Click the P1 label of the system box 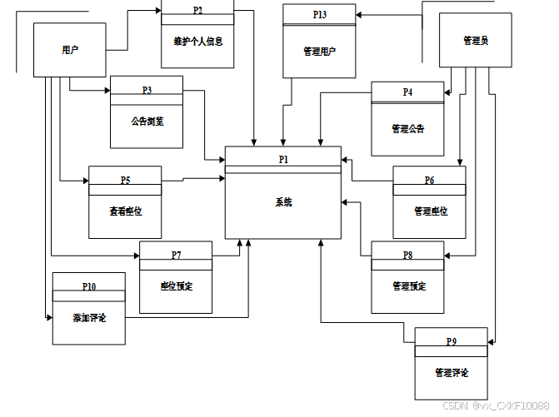tap(283, 157)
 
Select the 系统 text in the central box tap(283, 202)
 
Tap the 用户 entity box tap(70, 50)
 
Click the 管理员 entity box tap(476, 39)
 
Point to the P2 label tap(197, 10)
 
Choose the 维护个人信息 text tap(198, 40)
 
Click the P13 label tap(320, 14)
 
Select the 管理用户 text tap(320, 52)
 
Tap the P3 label tap(147, 90)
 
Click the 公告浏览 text tap(147, 121)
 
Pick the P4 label tap(407, 92)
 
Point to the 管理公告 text tap(408, 129)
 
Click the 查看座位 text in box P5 tap(126, 211)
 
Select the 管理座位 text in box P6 tap(430, 211)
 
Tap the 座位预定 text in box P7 tap(176, 285)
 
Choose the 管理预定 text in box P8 tap(408, 286)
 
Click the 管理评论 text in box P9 tap(452, 372)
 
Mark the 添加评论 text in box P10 tap(89, 318)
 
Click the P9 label tap(452, 341)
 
